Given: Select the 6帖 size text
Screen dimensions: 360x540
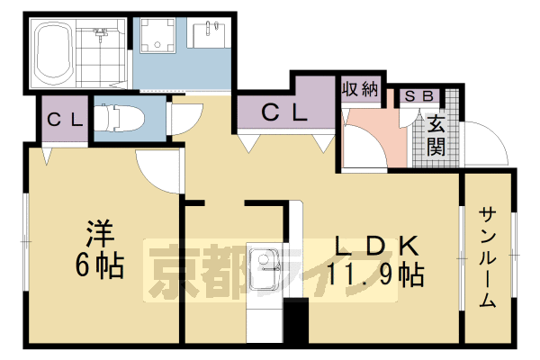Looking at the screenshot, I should (x=99, y=265).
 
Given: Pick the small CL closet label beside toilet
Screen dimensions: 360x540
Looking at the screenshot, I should (x=66, y=119).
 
